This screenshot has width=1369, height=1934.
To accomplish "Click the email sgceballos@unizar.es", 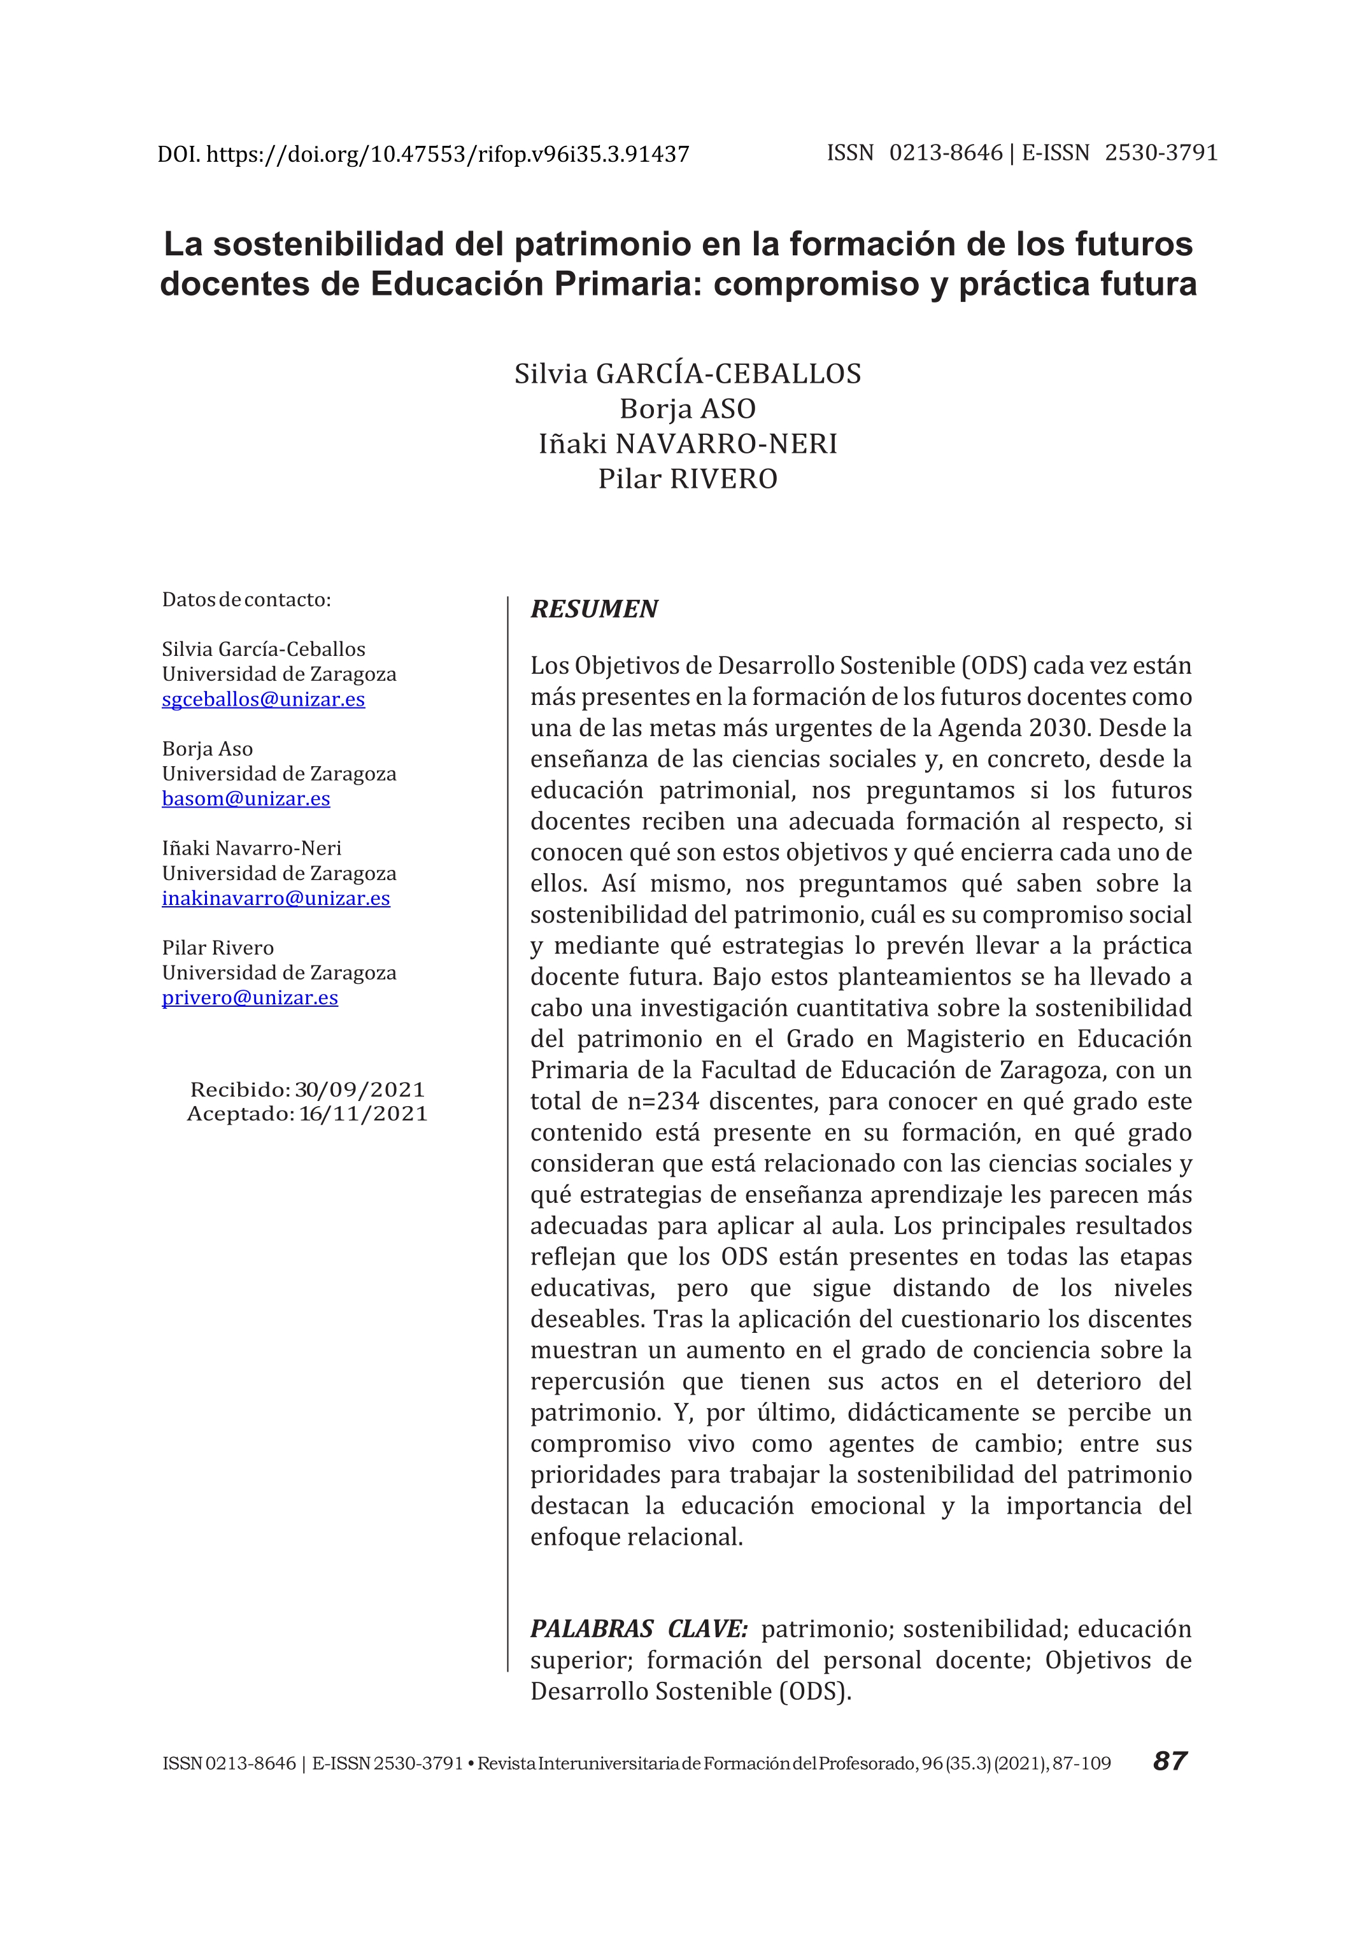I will (x=263, y=699).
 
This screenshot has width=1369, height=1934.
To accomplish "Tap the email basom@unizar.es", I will (x=245, y=799).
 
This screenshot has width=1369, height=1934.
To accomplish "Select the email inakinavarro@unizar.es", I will (x=276, y=898).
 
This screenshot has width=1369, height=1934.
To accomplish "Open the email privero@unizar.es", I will (x=250, y=997).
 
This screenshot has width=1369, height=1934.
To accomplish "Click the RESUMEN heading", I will (x=593, y=609).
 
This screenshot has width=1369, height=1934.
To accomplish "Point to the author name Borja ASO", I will (x=687, y=409).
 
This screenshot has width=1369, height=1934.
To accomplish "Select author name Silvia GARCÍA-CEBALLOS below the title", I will (x=687, y=373).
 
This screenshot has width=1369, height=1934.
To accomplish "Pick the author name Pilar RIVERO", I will (x=687, y=479).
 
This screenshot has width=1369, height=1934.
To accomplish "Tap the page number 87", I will (x=1169, y=1761).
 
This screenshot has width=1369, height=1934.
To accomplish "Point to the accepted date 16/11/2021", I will (x=364, y=1114).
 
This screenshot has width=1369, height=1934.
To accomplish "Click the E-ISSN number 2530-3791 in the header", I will (x=1161, y=153).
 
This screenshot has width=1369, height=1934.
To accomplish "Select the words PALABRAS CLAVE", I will (x=638, y=1629).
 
